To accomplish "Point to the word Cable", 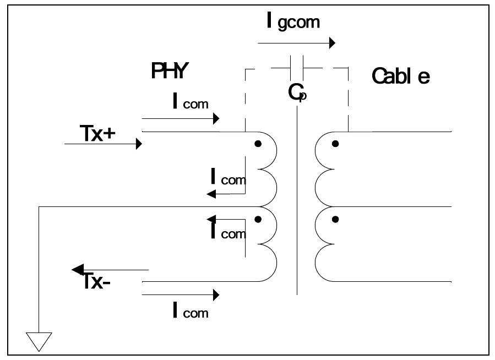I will (400, 76).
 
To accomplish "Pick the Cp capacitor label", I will (297, 92).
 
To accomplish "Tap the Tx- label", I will (99, 281).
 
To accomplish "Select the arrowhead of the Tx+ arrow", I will (139, 144).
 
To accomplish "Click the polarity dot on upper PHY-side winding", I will (258, 144).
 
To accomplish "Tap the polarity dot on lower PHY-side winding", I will (258, 219).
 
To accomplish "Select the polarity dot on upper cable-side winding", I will (335, 144).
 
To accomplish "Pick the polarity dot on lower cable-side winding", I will (335, 219).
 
